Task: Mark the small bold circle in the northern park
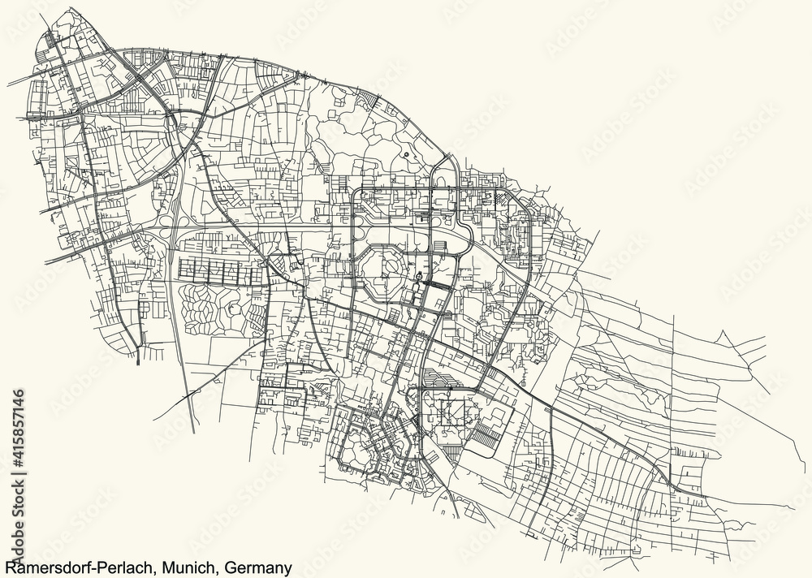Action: point(404,153)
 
